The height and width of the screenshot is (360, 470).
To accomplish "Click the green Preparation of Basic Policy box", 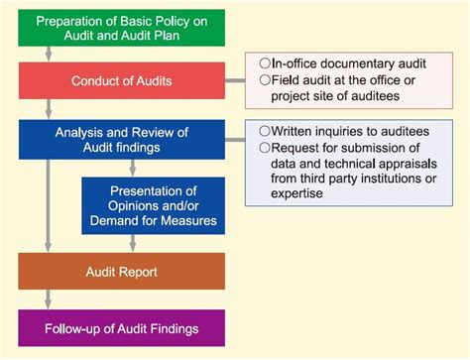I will pyautogui.click(x=121, y=28).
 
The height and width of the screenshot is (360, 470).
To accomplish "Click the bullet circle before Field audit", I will pyautogui.click(x=265, y=80).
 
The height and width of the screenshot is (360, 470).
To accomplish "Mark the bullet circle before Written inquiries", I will pyautogui.click(x=265, y=130).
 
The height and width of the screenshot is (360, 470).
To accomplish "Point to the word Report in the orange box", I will pyautogui.click(x=142, y=271).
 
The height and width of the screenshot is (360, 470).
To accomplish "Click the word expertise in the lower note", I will pyautogui.click(x=289, y=196).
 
